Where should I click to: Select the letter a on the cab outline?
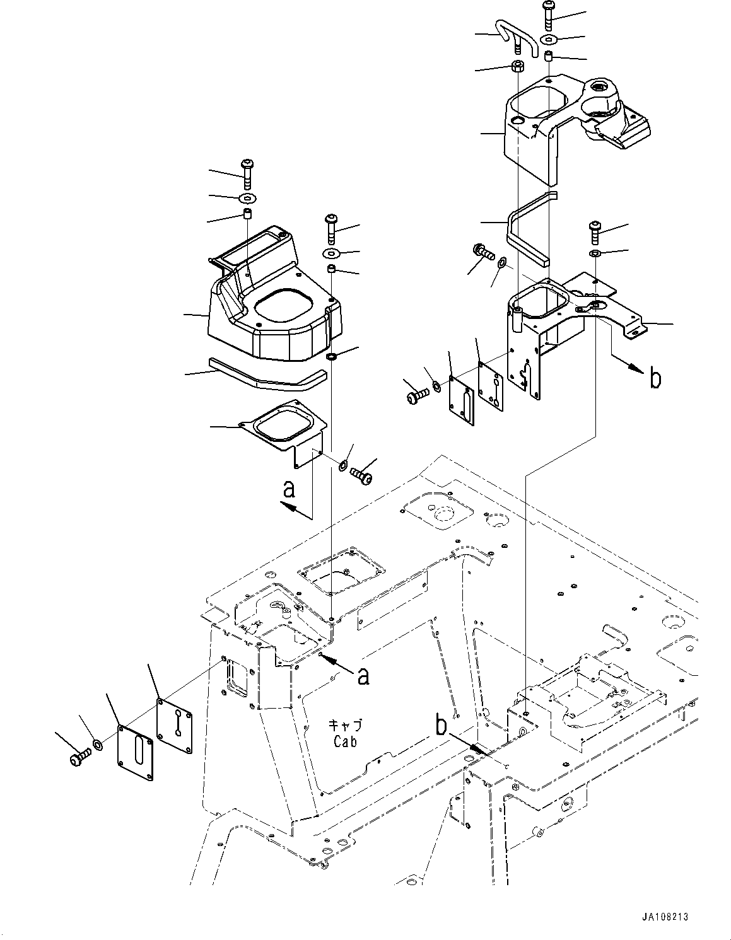coord(363,676)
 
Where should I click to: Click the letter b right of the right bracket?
coord(655,379)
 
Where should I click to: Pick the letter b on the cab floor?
coord(442,725)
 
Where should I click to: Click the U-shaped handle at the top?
coord(518,35)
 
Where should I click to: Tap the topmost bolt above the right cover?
coord(547,16)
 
